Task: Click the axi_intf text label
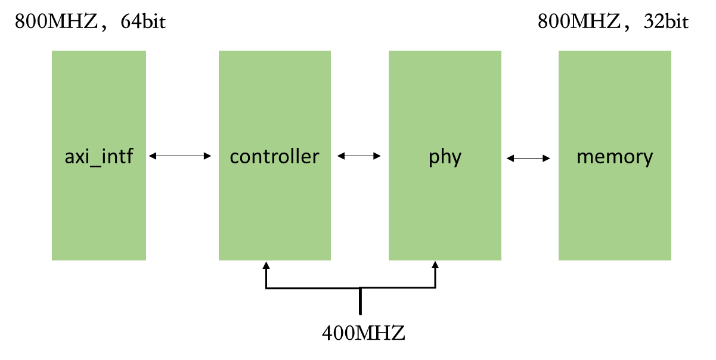[x=99, y=157]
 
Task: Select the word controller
[x=274, y=157]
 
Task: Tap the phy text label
[x=445, y=157]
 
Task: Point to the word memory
[x=615, y=157]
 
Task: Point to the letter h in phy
[x=445, y=156]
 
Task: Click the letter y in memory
[x=647, y=160]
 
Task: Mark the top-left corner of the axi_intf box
[x=52, y=51]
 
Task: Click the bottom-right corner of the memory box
[x=671, y=260]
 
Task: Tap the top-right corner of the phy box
[x=501, y=51]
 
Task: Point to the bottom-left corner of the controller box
[x=219, y=260]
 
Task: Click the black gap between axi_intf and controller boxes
[x=182, y=156]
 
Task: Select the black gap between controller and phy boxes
[x=359, y=156]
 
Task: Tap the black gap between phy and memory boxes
[x=530, y=156]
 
